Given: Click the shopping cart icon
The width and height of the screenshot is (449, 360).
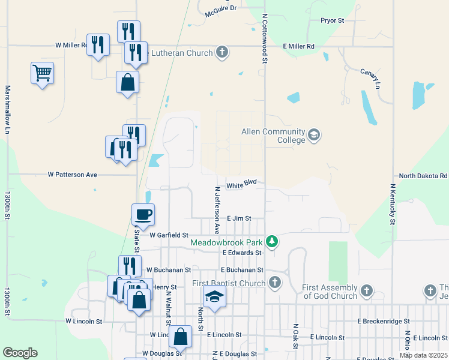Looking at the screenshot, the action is (42, 73).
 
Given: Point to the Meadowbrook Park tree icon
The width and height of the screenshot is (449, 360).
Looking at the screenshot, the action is (273, 242).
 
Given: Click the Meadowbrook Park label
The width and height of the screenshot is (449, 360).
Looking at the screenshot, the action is (228, 242).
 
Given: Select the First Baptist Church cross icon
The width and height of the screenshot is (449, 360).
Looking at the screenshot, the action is (275, 282).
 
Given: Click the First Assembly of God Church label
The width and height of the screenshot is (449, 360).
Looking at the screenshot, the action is (330, 292).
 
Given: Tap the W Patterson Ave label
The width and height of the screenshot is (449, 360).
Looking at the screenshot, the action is (72, 175).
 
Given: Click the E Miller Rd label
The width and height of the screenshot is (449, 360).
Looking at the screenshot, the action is (299, 46).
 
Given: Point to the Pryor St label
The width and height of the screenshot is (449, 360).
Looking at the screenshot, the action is (331, 20).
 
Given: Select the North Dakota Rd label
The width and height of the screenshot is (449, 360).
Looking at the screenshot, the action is (423, 176).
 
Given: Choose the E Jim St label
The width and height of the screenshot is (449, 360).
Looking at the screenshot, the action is (238, 219).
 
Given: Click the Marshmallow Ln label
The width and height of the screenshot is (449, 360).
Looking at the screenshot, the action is (8, 109).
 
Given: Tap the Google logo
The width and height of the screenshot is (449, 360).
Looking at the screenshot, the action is (20, 353).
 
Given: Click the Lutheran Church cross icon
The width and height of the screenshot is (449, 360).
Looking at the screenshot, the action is (222, 52).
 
